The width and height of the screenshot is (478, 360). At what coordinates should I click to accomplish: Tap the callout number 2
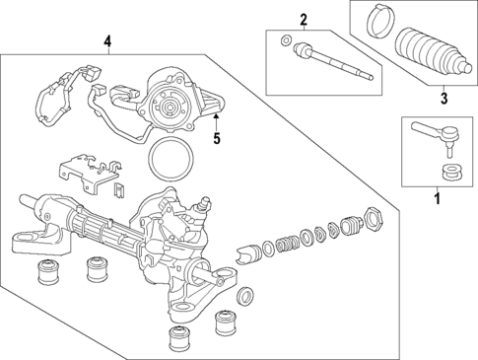304,19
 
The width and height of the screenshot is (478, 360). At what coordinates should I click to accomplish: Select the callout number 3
444,98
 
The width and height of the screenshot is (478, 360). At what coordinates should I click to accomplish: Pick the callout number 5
217,139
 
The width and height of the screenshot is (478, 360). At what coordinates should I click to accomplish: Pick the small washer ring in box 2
285,40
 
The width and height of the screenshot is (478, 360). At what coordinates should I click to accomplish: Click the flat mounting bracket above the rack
83,173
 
